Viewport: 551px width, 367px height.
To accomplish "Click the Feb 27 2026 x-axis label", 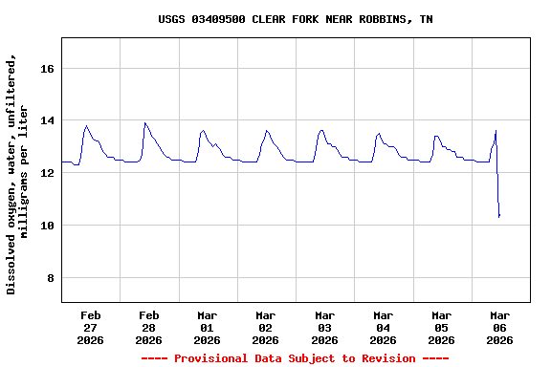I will point(91,327).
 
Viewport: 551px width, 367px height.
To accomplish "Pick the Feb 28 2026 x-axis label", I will point(149,327).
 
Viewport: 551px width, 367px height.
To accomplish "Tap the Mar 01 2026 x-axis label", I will point(208,327).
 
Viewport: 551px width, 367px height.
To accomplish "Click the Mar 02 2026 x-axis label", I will point(266,327).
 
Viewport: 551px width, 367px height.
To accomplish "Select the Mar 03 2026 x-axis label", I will point(324,327).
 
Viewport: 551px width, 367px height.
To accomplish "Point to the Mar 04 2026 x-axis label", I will point(384,327).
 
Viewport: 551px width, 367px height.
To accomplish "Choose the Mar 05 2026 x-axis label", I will point(442,327).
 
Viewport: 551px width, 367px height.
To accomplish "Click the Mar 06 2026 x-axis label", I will point(500,327).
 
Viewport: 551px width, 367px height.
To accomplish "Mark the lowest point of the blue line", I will point(499,217).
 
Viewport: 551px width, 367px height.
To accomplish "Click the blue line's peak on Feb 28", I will point(144,122).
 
